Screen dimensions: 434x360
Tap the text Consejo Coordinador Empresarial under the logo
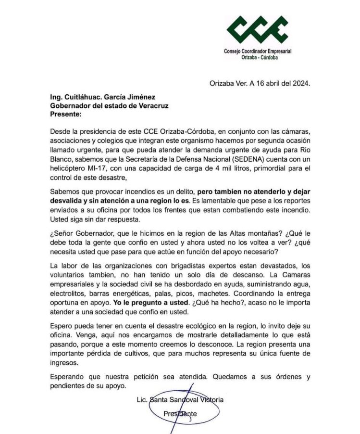(258, 51)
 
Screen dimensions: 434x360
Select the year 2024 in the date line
(302, 83)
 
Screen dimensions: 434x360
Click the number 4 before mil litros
(205, 166)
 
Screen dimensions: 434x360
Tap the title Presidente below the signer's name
(180, 413)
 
